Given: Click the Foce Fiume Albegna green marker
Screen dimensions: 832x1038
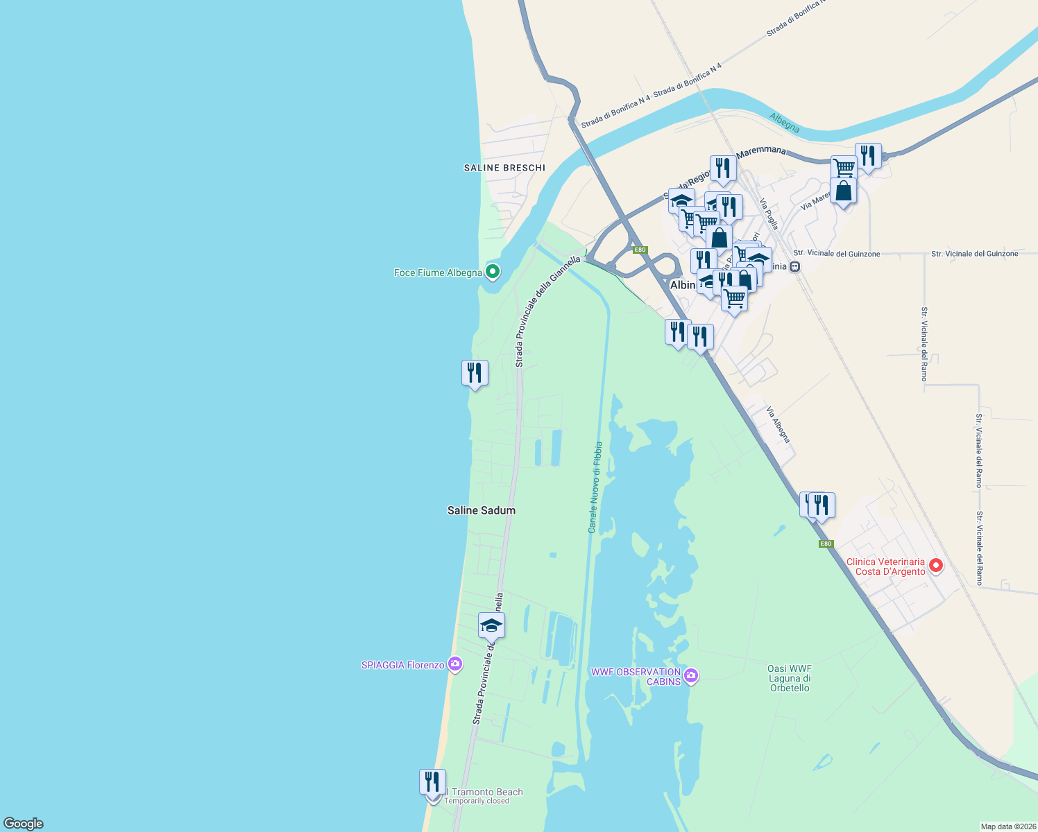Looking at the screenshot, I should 493,272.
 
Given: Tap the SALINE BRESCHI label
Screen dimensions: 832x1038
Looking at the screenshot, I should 504,168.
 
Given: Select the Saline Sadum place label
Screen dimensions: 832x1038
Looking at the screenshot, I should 482,510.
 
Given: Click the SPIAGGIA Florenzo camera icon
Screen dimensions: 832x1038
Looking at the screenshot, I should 455,665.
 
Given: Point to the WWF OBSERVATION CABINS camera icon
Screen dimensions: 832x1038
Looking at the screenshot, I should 690,676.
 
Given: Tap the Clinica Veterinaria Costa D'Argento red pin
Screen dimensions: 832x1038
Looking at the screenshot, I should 936,566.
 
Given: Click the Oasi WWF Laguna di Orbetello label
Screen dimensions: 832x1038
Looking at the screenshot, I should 790,678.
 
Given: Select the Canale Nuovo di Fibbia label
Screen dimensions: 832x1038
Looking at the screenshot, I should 595,487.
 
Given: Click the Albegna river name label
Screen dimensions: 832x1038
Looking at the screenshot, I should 784,123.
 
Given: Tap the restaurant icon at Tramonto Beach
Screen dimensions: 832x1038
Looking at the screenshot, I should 432,781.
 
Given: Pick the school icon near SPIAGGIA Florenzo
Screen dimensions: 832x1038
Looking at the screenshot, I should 491,625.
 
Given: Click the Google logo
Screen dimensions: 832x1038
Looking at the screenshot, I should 24,824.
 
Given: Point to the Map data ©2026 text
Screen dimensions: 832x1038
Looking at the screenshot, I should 1007,826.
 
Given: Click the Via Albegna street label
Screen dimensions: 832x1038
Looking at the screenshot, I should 778,424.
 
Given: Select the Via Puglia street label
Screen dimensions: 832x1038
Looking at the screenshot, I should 769,214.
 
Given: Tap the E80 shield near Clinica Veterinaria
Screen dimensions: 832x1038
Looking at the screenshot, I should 826,544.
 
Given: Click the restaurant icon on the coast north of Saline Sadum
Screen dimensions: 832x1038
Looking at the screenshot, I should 475,373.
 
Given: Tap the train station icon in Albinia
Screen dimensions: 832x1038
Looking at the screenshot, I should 795,266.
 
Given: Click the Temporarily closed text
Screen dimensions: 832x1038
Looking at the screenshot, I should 477,801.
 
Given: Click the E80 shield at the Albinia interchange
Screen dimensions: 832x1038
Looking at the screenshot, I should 640,250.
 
